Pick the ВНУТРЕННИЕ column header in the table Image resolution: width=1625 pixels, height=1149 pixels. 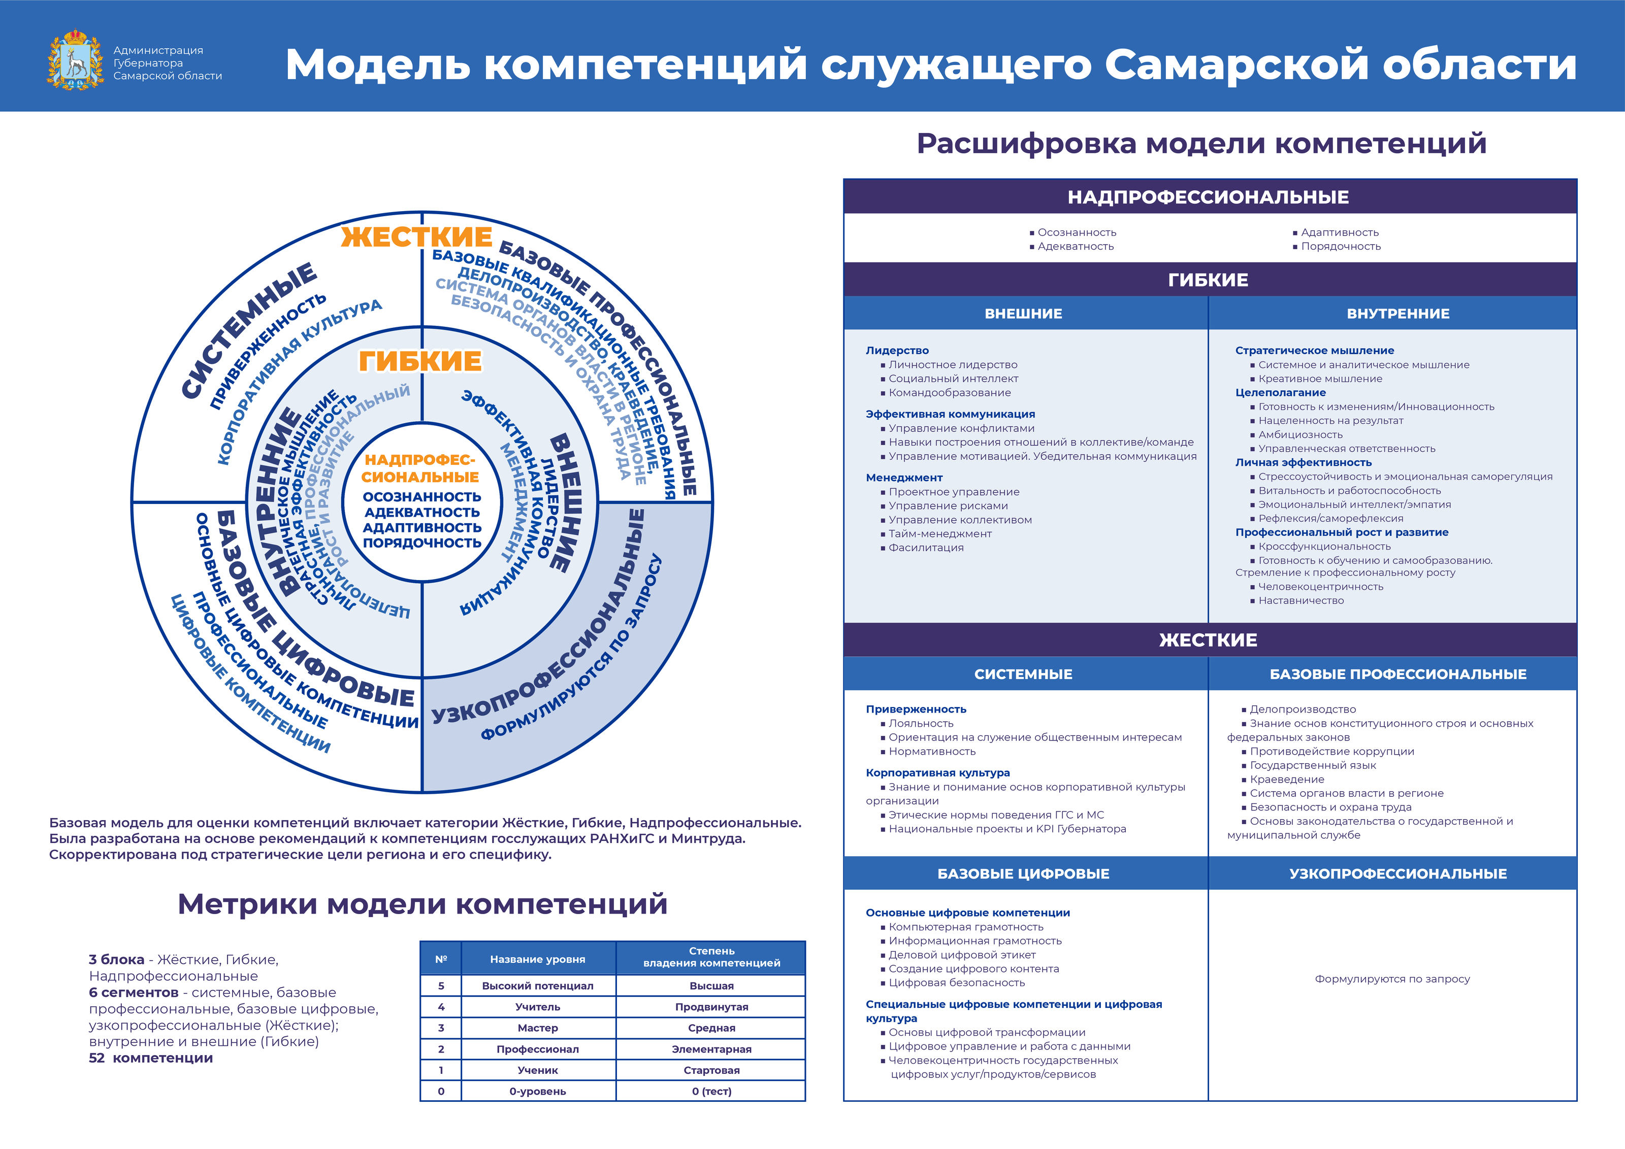pos(1398,314)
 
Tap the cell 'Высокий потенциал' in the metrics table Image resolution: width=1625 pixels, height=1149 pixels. pos(538,986)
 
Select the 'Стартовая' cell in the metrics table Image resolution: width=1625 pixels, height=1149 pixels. pos(711,1070)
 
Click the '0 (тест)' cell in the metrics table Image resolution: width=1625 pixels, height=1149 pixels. pos(711,1092)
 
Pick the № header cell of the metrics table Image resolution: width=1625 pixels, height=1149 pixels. pos(441,959)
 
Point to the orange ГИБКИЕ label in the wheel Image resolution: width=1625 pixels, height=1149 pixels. pos(420,361)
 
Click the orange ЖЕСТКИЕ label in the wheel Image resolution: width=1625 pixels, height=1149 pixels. pos(417,237)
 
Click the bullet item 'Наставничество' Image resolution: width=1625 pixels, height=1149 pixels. pos(1301,601)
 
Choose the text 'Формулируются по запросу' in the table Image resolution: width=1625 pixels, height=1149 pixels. pos(1392,979)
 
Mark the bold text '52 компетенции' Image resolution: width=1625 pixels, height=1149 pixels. pos(151,1059)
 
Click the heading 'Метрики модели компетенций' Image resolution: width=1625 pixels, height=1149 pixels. pos(422,904)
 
